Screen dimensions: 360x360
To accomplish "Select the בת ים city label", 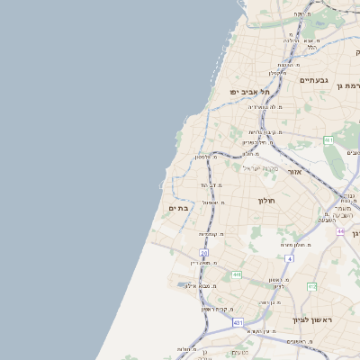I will coord(176,208).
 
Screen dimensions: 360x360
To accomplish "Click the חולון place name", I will coord(265,200).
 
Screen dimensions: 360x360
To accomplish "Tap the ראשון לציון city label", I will coord(311,319).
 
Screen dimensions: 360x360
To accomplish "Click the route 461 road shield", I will coord(328,140).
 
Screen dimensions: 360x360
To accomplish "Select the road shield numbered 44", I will coord(341,232).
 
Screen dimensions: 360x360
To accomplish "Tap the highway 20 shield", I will coord(204,254).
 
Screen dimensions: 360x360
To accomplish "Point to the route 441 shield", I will coord(237,274).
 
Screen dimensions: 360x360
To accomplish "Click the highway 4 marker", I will coord(289,258).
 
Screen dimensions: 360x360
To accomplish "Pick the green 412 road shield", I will coord(312,286).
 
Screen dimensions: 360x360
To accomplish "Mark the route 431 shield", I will coord(238,321).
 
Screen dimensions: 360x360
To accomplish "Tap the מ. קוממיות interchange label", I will coord(211,234).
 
